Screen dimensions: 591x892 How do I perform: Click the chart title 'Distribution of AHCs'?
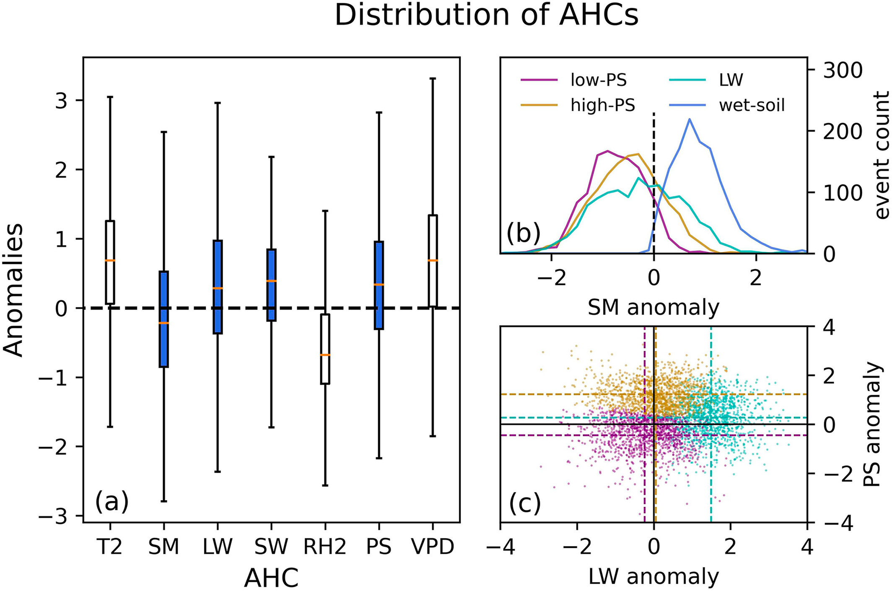point(486,16)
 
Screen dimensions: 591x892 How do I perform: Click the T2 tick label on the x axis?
point(110,547)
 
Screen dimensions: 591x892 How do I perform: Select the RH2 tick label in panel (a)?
point(325,547)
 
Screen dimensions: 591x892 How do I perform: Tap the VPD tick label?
point(433,547)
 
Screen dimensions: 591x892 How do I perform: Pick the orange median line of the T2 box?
point(110,260)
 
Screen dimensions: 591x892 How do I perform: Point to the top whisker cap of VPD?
point(433,78)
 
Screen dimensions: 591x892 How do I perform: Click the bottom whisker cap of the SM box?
point(164,501)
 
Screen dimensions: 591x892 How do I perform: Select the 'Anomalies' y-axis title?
point(13,289)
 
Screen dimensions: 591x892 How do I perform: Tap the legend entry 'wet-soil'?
point(751,105)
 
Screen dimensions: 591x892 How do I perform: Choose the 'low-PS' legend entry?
point(598,80)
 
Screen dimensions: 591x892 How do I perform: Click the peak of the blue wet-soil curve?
point(690,119)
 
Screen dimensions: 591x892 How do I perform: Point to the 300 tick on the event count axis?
point(843,70)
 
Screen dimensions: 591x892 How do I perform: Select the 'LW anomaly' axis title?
point(653,577)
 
